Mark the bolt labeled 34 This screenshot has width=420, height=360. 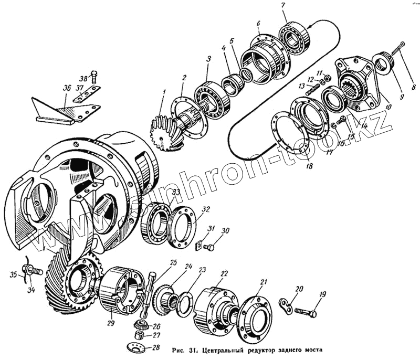34,271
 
